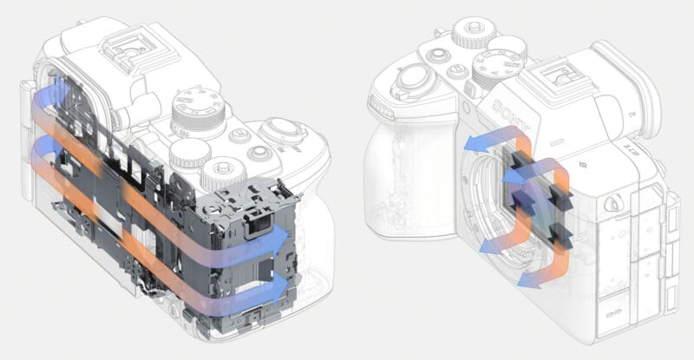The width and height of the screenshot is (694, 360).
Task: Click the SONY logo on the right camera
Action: click(x=508, y=108)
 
